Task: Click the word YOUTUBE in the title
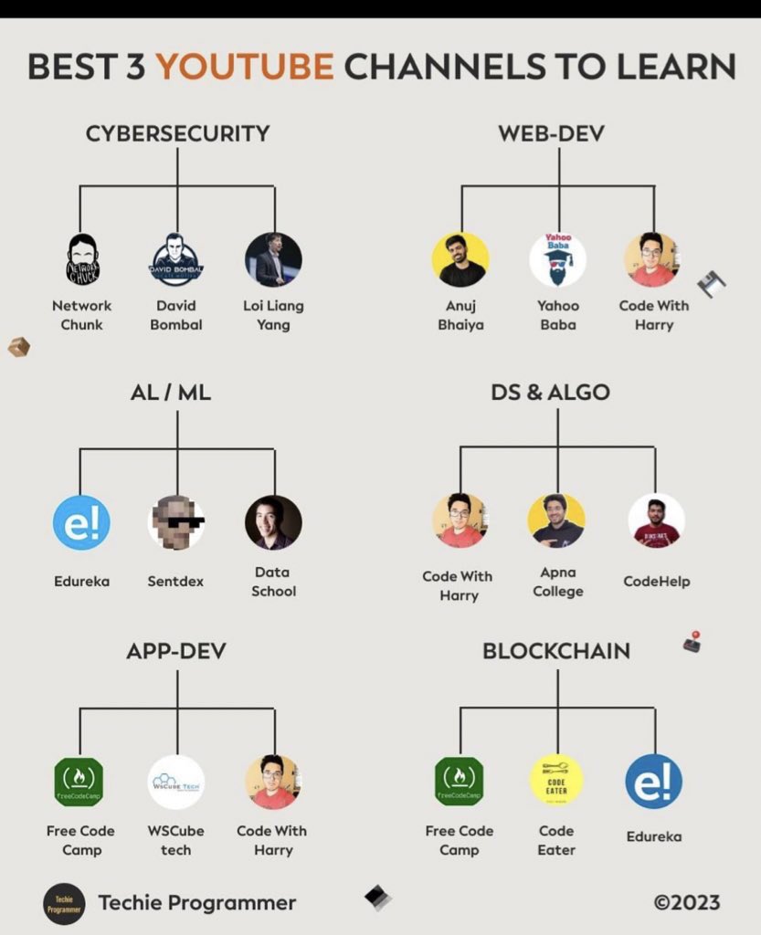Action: click(x=244, y=67)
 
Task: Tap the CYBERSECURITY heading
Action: click(x=177, y=133)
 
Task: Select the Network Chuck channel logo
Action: click(x=82, y=259)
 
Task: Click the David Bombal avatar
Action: click(x=177, y=259)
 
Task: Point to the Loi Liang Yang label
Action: click(x=273, y=314)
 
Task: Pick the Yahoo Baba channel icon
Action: click(x=557, y=259)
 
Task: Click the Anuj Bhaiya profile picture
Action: click(x=461, y=259)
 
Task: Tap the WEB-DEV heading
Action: click(x=551, y=133)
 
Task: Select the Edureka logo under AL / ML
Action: click(x=81, y=522)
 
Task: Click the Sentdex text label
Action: click(x=175, y=581)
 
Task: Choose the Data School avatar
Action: click(x=273, y=522)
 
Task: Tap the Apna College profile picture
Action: click(x=556, y=520)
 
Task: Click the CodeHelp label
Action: click(x=656, y=581)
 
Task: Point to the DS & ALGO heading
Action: click(x=550, y=393)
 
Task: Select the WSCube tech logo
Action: click(x=176, y=782)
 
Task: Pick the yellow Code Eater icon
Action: click(x=556, y=780)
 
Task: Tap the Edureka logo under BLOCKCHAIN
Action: click(x=653, y=782)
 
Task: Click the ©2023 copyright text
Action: click(x=687, y=902)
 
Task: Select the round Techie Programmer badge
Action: click(x=64, y=903)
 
